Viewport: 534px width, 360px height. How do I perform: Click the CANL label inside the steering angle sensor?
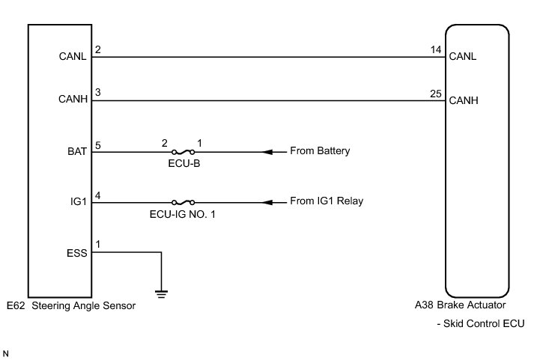click(73, 55)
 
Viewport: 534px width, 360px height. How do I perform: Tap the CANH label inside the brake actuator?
click(464, 100)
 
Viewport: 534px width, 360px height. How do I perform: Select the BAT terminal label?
click(77, 151)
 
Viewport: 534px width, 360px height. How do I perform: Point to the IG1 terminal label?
click(79, 202)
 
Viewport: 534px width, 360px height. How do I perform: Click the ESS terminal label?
click(77, 252)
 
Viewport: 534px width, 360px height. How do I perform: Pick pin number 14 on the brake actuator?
click(435, 49)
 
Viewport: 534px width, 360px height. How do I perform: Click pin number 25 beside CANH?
click(435, 94)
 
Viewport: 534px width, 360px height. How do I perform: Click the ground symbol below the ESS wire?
click(161, 292)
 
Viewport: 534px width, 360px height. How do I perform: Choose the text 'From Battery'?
click(321, 151)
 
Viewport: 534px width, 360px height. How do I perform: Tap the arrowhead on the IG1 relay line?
click(266, 202)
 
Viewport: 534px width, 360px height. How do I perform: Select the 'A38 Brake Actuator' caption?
click(461, 306)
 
